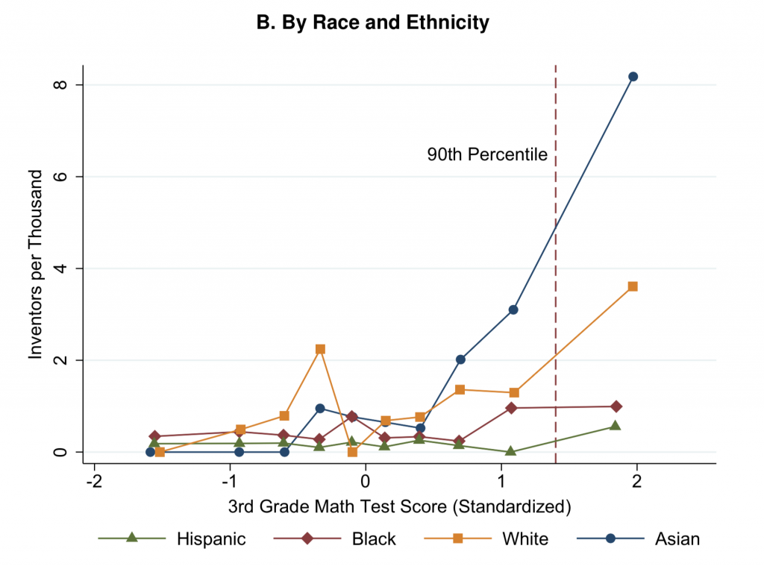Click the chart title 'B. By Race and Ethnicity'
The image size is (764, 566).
pos(372,23)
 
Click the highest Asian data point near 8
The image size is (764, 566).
pos(633,76)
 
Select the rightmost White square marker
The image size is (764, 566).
pos(633,286)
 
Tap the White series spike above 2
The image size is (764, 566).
pos(320,349)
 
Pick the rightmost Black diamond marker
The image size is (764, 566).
pos(616,406)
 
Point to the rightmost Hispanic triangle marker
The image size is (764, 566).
pos(615,425)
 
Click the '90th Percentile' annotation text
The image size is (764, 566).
pos(487,155)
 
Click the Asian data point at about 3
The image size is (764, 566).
pos(513,309)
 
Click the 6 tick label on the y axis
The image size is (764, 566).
pos(62,177)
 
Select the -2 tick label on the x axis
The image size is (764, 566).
pos(94,481)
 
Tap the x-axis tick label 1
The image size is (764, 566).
pos(501,481)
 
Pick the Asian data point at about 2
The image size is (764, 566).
pos(460,359)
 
